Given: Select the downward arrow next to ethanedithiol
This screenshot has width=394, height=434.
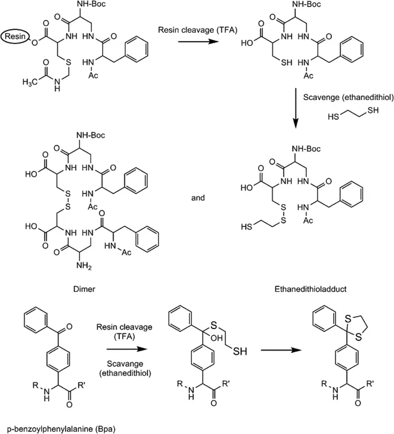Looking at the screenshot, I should pos(295,107).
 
